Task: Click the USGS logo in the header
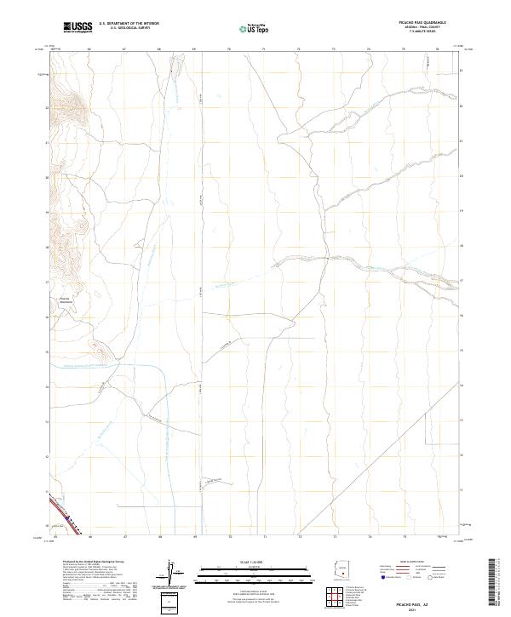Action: point(78,27)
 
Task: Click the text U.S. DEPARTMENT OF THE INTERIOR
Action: point(129,24)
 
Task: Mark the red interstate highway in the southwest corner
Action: point(66,515)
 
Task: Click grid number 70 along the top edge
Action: point(230,49)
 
